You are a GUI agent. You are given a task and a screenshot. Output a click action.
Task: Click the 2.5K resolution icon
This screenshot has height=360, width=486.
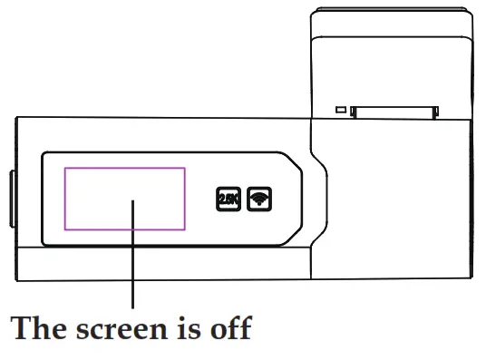(x=227, y=198)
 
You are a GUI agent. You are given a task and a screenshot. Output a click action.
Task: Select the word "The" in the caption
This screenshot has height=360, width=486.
(x=41, y=328)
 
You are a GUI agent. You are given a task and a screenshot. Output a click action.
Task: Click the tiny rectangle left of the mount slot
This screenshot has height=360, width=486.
(x=342, y=111)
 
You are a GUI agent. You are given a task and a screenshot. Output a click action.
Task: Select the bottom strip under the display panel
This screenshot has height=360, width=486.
(x=163, y=263)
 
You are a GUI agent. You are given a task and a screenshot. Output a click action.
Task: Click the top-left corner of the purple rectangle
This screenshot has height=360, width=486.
(x=63, y=167)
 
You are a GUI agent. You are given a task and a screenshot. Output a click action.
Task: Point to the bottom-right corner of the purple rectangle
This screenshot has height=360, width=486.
(x=185, y=230)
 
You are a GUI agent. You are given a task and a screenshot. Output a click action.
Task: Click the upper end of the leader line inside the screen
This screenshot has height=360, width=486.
(x=134, y=201)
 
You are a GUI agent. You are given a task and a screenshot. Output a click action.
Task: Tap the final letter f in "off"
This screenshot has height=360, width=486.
(x=244, y=328)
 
